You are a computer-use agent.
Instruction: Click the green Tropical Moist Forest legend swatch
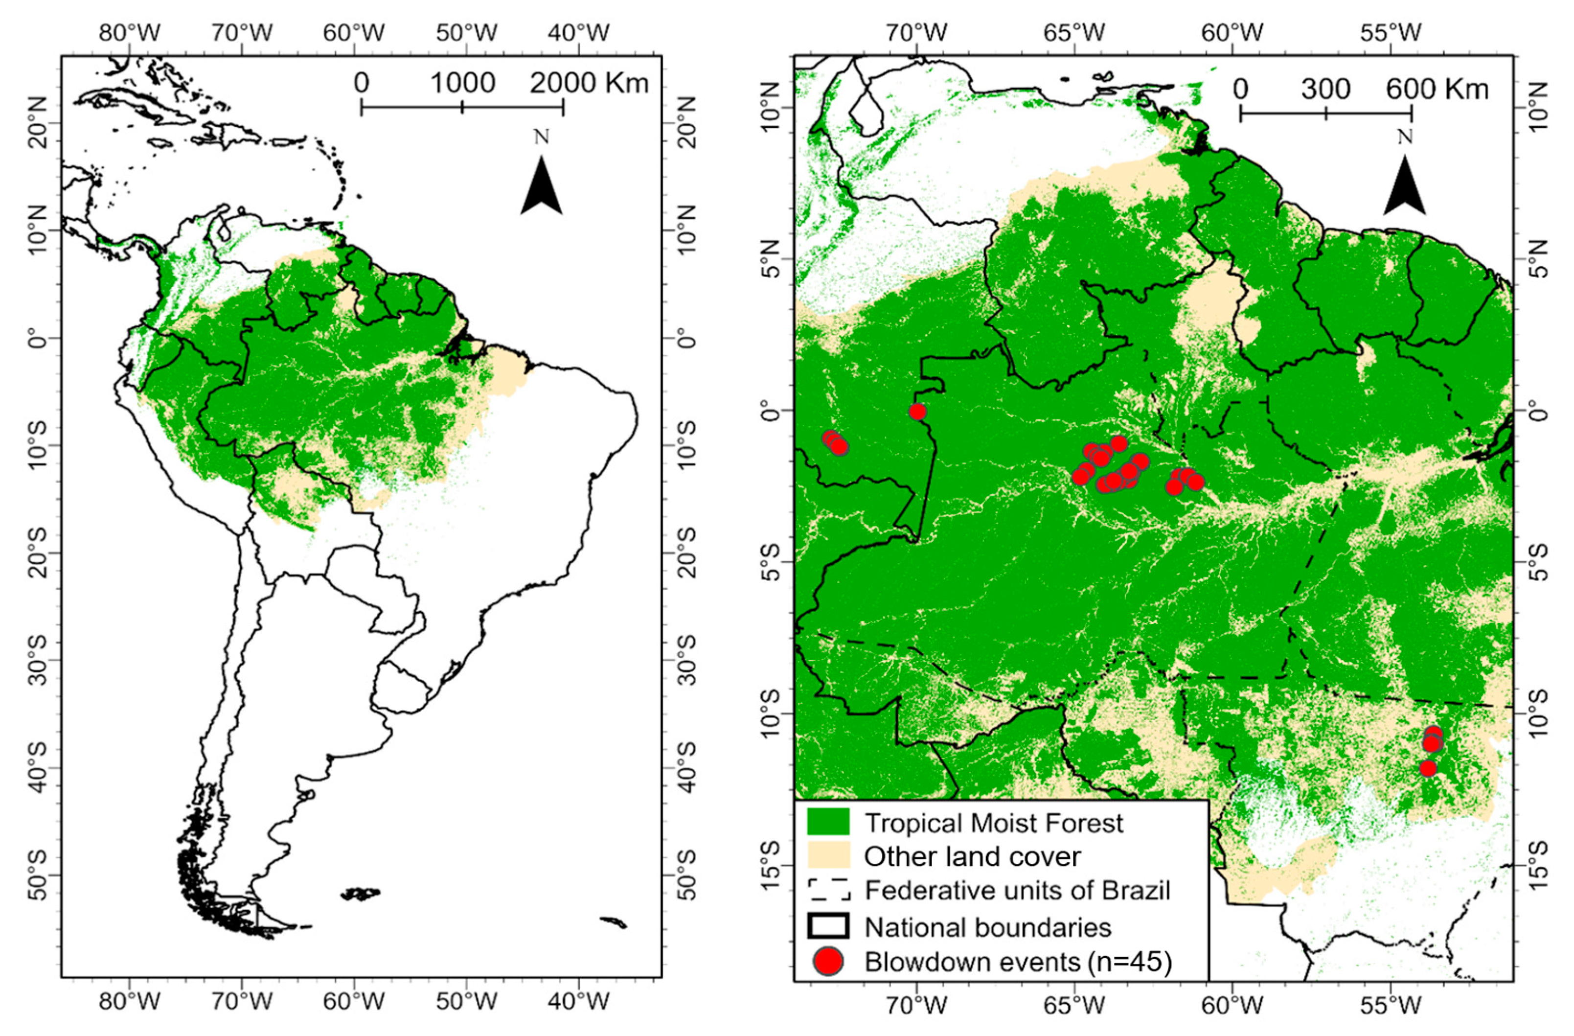point(827,822)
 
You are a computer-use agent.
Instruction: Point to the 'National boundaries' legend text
point(988,927)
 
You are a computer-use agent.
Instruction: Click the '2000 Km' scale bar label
point(589,83)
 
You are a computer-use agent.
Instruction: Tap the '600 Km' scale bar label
point(1437,89)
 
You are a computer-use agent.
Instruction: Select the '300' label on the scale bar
point(1325,89)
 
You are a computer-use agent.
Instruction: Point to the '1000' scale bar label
point(463,83)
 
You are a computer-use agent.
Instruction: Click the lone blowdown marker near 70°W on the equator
point(917,412)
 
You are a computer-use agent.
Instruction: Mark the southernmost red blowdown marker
point(1428,768)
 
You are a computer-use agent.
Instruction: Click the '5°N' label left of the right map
point(769,259)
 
